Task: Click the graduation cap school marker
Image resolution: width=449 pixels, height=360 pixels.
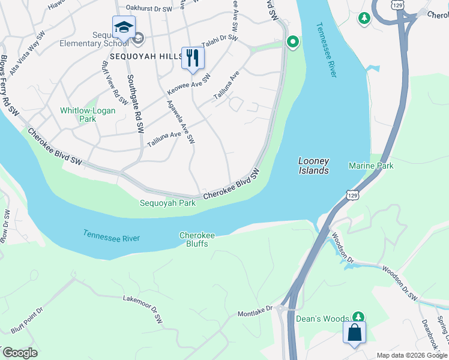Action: click(124, 28)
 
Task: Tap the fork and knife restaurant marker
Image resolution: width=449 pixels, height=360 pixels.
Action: click(193, 58)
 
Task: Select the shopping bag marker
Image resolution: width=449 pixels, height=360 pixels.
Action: click(354, 332)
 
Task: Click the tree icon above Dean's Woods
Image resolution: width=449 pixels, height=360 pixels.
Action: click(358, 316)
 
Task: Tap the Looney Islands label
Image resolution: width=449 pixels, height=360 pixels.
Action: click(314, 166)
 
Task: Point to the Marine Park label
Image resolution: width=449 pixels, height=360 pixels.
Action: click(372, 166)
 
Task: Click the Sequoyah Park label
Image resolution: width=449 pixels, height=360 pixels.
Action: click(167, 203)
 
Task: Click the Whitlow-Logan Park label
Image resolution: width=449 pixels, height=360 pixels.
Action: click(78, 115)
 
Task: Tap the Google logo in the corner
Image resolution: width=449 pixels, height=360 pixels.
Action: click(20, 353)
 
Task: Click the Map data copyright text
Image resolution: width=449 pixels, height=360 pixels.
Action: click(412, 355)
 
